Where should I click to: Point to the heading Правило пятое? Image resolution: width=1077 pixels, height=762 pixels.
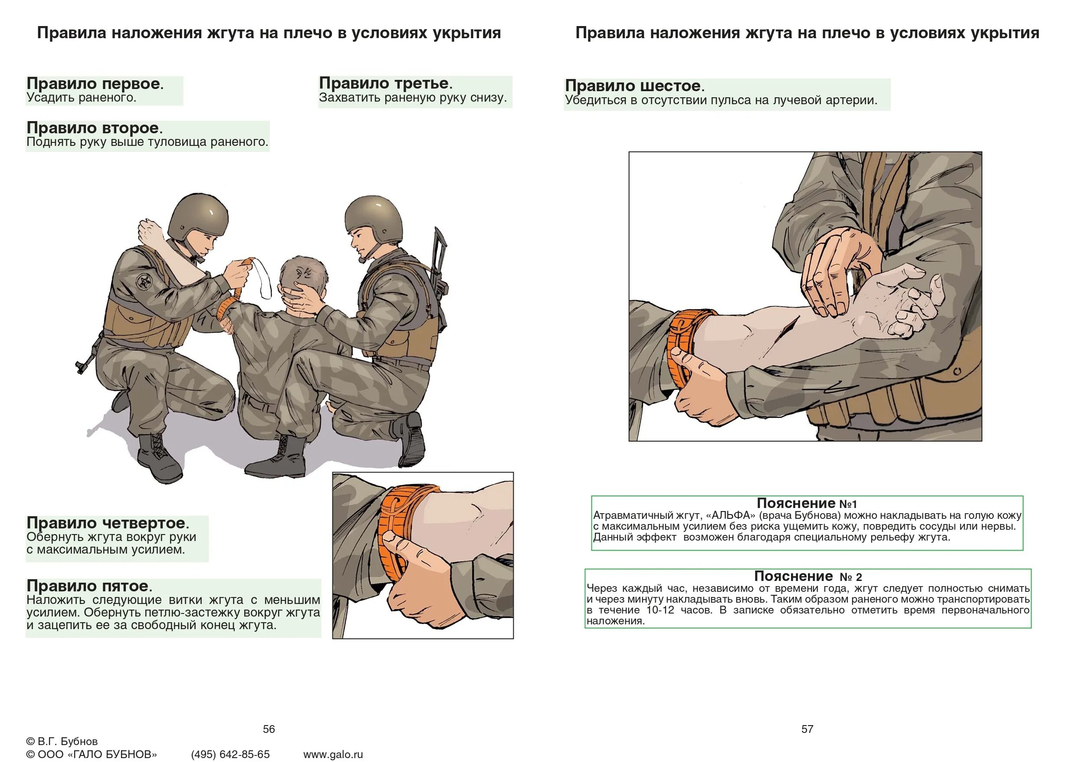point(89,586)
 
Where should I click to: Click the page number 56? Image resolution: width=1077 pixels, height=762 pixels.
point(269,729)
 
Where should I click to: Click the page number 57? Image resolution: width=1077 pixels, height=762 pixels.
point(807,729)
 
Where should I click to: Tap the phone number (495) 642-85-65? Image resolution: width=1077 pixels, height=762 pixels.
point(230,754)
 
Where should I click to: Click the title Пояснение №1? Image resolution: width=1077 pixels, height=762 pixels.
point(806,503)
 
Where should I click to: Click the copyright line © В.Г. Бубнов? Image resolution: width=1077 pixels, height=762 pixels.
point(62,741)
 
